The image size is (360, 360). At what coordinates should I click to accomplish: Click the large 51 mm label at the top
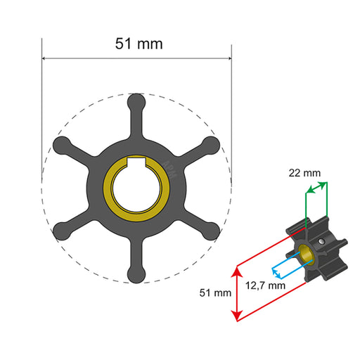tap(139, 44)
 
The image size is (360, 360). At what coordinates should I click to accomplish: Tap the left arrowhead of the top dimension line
tap(45, 58)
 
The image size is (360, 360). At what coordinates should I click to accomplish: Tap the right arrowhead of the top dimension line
tap(229, 58)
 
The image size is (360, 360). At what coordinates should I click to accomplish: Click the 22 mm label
tap(304, 172)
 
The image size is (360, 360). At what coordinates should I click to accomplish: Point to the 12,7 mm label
tap(266, 285)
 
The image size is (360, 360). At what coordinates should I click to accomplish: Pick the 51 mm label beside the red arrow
tap(217, 292)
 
